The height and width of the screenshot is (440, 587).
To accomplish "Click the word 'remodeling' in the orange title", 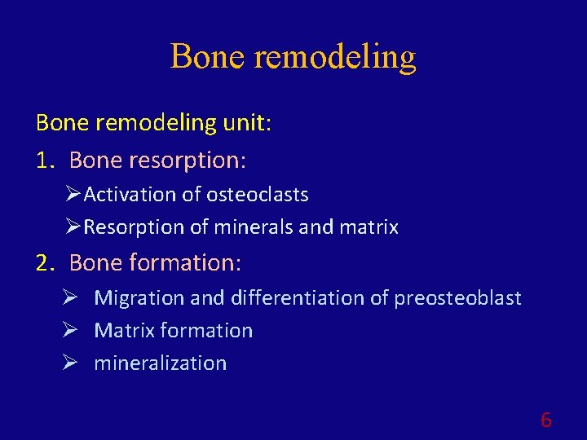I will pyautogui.click(x=335, y=57).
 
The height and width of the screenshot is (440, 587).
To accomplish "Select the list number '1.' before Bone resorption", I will pyautogui.click(x=45, y=161).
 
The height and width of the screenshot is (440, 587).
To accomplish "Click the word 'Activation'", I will pyautogui.click(x=130, y=195).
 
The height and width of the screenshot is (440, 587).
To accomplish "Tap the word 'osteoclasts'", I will pyautogui.click(x=258, y=195).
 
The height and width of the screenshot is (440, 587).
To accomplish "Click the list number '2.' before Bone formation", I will pyautogui.click(x=45, y=263).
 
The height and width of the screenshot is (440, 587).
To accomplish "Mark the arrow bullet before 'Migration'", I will pyautogui.click(x=70, y=298).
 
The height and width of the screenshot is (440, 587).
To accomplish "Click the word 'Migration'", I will pyautogui.click(x=139, y=298).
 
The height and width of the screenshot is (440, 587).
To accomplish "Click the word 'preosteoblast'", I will pyautogui.click(x=457, y=298).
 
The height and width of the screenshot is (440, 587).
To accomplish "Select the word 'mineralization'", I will pyautogui.click(x=161, y=363).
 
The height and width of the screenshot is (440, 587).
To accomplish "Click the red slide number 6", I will pyautogui.click(x=545, y=420).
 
